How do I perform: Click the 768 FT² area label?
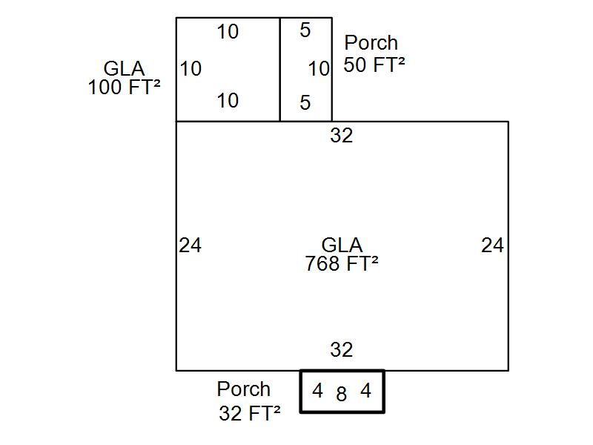[x=342, y=263]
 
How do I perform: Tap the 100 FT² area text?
[x=124, y=87]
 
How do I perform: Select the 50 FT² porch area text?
[x=374, y=65]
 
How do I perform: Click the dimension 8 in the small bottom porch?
[x=341, y=395]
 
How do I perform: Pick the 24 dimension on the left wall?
[x=190, y=245]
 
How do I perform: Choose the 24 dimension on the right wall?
[x=492, y=245]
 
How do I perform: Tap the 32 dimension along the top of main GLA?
[x=341, y=136]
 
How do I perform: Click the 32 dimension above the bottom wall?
[x=341, y=349]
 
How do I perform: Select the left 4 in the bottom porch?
[x=317, y=391]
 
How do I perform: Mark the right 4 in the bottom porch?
[x=365, y=391]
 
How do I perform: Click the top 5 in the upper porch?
[x=305, y=30]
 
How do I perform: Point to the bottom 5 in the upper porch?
[x=305, y=103]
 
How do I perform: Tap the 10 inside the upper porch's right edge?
[x=319, y=69]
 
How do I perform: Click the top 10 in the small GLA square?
[x=228, y=32]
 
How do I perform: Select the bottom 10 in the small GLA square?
[x=228, y=100]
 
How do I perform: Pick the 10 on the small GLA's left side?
[x=191, y=69]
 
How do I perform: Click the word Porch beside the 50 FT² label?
[x=371, y=43]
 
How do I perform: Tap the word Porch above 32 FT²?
[x=244, y=389]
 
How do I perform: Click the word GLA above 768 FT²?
[x=342, y=245]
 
